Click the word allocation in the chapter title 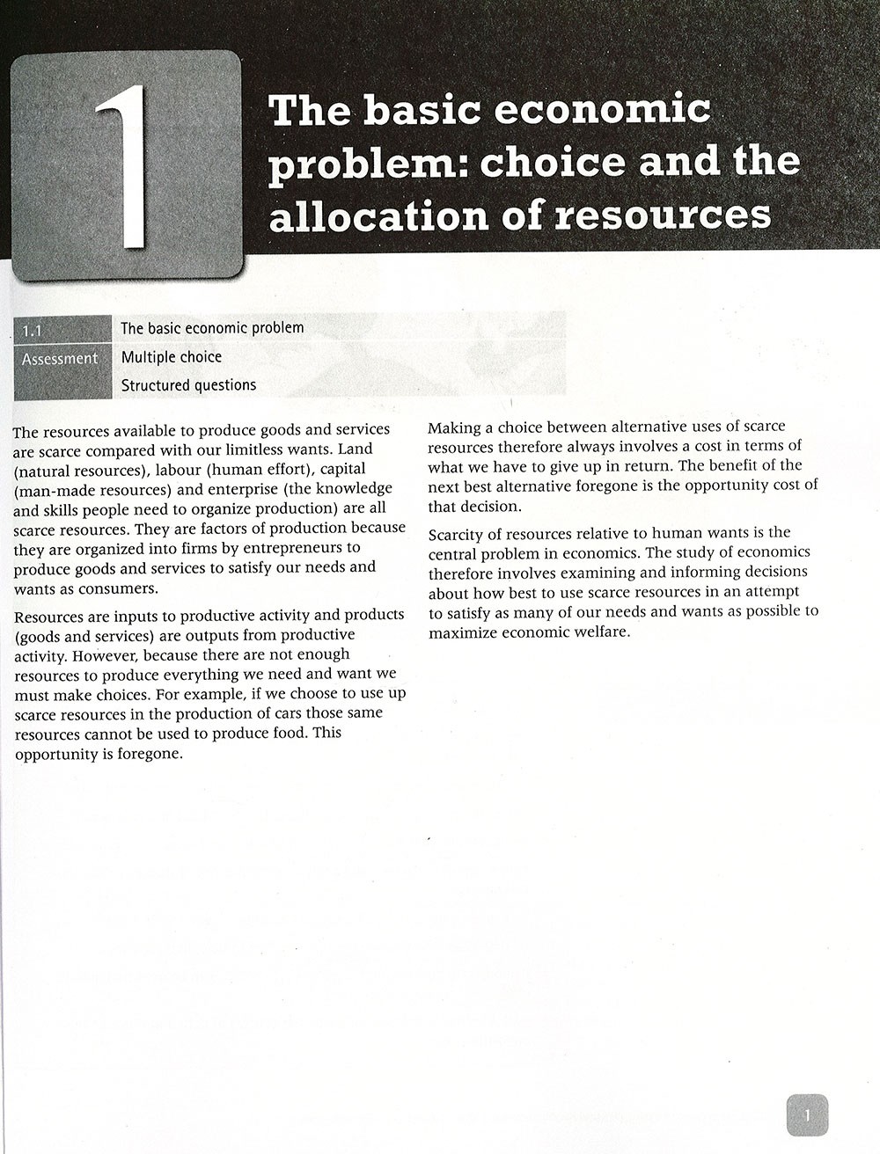365,215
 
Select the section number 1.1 33,331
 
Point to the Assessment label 60,359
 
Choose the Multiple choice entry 172,357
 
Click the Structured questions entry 188,385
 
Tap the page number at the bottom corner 807,1114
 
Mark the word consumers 118,588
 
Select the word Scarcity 459,533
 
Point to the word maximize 465,632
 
